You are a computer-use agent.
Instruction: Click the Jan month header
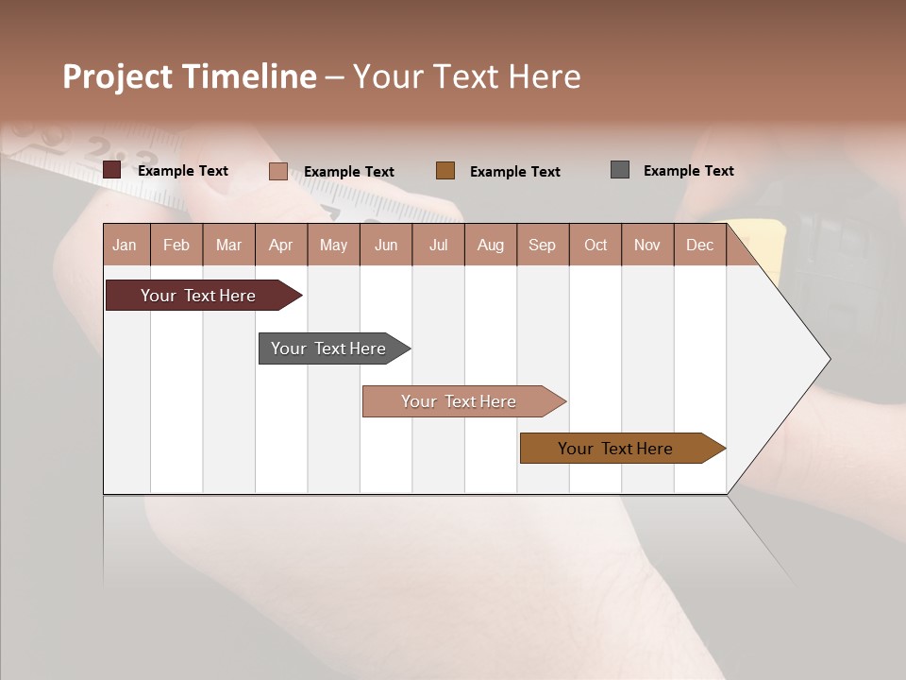point(126,245)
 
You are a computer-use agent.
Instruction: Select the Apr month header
point(281,245)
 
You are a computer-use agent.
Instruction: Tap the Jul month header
point(438,245)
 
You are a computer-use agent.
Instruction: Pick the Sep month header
point(542,245)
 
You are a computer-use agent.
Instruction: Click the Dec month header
point(699,245)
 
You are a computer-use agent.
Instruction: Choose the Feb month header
point(176,245)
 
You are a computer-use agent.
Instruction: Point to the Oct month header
point(596,245)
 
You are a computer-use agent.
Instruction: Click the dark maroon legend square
point(112,170)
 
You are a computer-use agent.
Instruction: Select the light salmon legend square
point(278,171)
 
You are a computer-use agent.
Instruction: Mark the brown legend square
point(445,170)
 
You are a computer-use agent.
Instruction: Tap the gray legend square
point(620,170)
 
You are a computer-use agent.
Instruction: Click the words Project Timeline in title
point(190,76)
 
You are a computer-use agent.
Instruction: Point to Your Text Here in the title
point(466,76)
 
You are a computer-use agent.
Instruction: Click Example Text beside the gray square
point(688,171)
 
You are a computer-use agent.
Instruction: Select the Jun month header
point(386,245)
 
